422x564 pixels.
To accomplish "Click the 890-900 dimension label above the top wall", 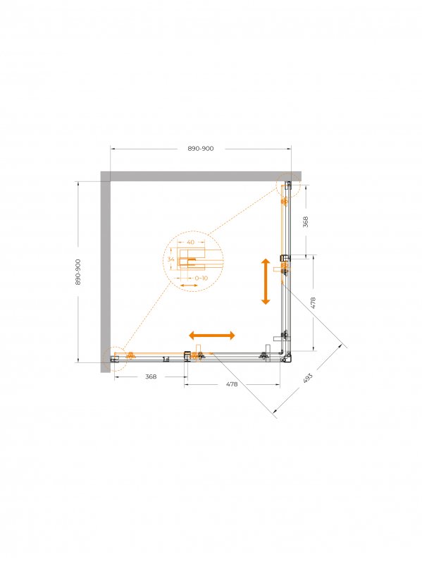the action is (x=200, y=149).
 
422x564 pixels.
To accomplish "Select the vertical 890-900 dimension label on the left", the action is (x=78, y=271).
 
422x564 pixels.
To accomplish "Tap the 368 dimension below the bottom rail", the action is (x=151, y=376).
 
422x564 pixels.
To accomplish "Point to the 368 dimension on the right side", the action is (x=306, y=221).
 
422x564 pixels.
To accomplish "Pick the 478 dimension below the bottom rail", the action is (x=232, y=384).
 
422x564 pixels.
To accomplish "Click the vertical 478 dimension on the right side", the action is (x=313, y=303).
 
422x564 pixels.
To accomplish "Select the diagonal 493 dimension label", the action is (x=308, y=378).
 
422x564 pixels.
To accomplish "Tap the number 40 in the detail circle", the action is (x=190, y=242).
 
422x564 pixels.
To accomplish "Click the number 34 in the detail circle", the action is (x=170, y=259).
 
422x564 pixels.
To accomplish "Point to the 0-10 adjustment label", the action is (x=201, y=278).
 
